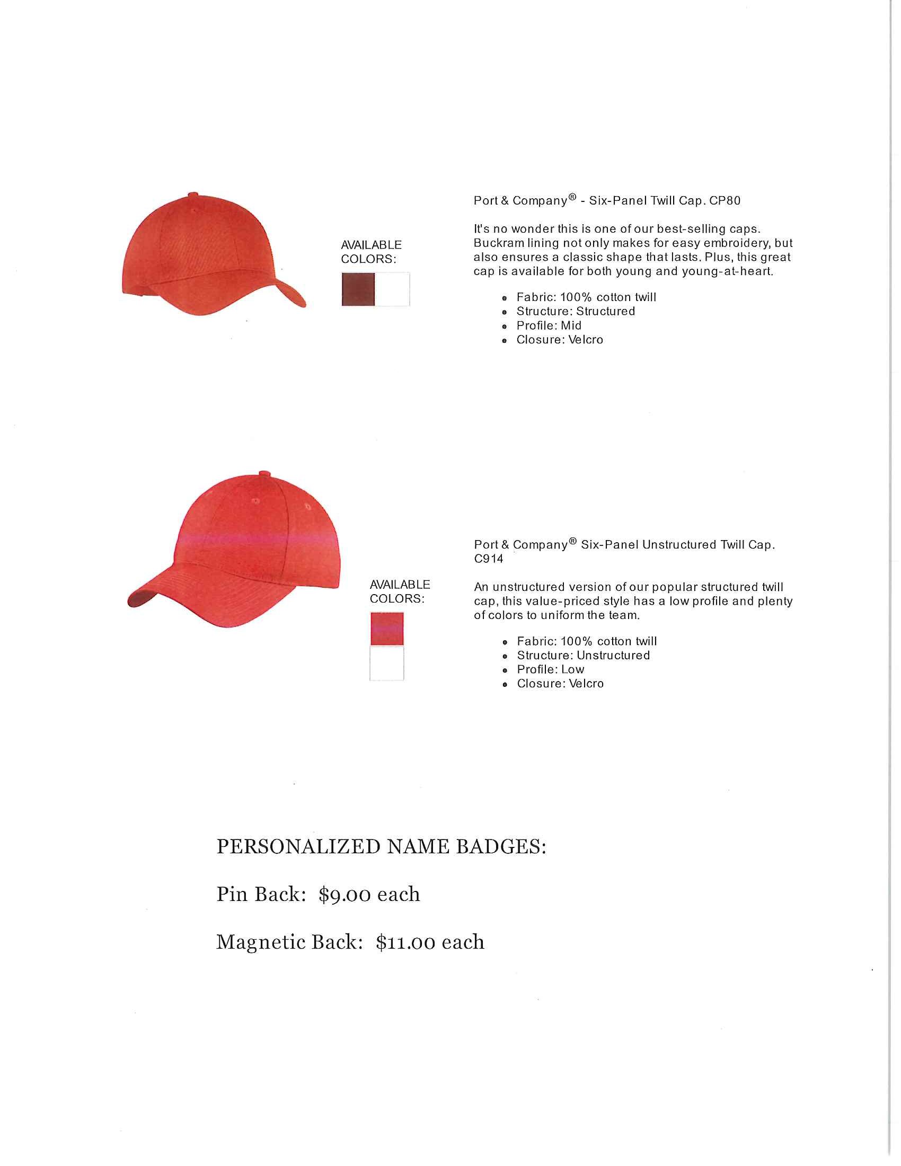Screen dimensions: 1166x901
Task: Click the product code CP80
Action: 725,201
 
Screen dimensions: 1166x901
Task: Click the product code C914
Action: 489,559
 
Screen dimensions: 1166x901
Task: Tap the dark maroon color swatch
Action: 358,289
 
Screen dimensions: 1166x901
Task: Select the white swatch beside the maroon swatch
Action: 392,289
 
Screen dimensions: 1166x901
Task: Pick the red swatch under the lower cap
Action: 387,629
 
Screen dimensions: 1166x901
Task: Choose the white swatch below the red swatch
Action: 387,663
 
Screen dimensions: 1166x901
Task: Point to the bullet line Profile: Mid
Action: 549,325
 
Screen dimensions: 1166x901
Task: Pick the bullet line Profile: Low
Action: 550,669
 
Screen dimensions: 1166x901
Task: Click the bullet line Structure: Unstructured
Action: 583,656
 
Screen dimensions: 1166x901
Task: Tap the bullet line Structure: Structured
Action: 576,311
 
